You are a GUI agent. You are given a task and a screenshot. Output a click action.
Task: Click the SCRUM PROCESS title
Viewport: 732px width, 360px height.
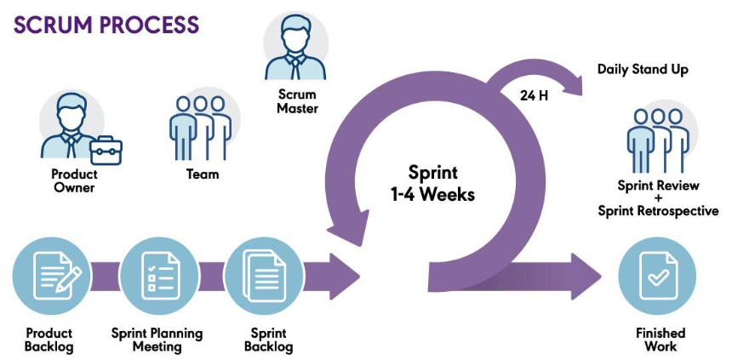coord(106,24)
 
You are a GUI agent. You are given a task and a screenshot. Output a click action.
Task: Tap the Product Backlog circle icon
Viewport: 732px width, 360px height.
coord(48,276)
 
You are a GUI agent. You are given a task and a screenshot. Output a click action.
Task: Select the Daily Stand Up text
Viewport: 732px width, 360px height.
coord(643,69)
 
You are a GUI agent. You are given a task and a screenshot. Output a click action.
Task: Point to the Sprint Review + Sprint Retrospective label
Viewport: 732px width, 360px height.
coord(658,198)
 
